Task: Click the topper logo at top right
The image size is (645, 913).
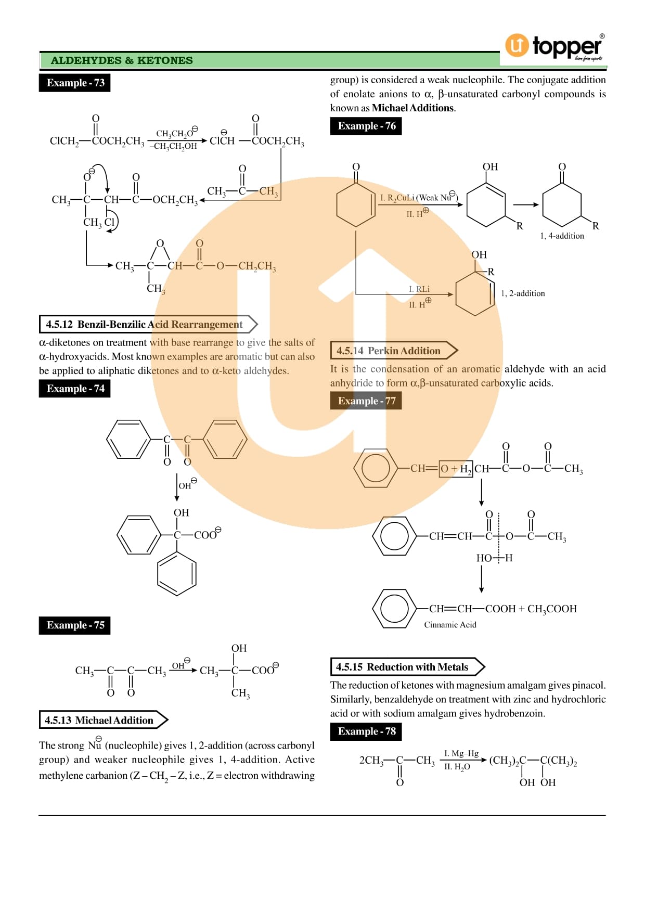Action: (x=554, y=47)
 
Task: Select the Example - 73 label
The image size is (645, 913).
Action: (x=75, y=83)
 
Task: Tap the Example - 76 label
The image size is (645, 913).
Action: (x=366, y=126)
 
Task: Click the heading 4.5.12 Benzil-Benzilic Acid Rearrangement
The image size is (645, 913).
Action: (x=144, y=325)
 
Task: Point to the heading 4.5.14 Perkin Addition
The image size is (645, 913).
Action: (x=389, y=351)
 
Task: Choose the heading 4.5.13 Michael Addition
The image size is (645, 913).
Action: (x=99, y=721)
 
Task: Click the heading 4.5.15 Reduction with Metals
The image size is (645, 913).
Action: (x=402, y=667)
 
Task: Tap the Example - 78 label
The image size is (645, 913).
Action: (x=366, y=732)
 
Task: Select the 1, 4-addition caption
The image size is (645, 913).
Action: (x=562, y=236)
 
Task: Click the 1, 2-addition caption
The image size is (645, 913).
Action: (x=523, y=293)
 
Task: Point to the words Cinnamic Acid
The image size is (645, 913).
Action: (x=450, y=625)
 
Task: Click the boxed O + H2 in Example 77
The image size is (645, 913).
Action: (x=456, y=469)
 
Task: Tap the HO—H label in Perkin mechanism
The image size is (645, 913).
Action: (x=494, y=558)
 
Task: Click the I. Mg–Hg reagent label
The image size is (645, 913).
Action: (x=461, y=754)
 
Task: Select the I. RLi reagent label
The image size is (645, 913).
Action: (x=419, y=289)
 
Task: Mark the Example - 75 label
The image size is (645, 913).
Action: (x=75, y=625)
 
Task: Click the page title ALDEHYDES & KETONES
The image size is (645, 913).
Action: (x=122, y=61)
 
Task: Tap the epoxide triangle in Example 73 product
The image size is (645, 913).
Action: (x=160, y=253)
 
